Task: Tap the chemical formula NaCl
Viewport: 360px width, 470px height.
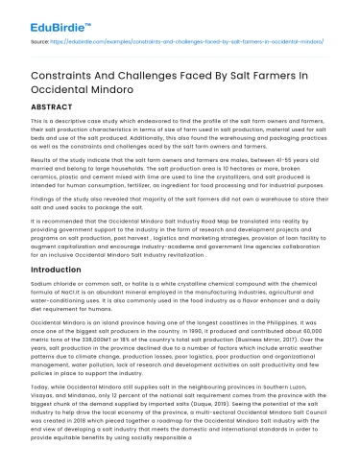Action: tap(60, 295)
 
